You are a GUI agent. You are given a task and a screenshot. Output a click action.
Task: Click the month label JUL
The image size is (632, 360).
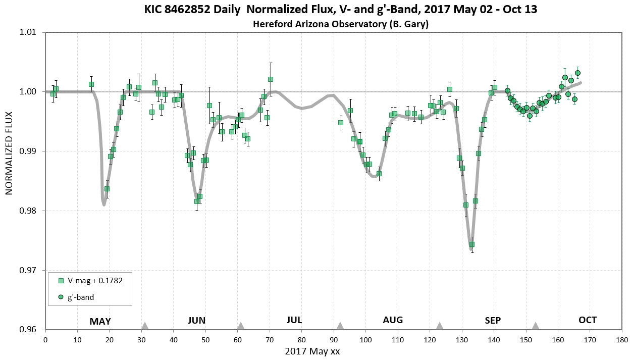(294, 320)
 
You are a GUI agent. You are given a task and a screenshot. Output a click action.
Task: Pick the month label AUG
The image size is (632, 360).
(393, 320)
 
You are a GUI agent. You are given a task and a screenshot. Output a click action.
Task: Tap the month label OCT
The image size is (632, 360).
(588, 320)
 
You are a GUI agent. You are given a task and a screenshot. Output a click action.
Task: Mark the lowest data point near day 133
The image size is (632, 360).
(471, 244)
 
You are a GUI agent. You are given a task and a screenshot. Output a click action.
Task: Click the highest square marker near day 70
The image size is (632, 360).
(271, 79)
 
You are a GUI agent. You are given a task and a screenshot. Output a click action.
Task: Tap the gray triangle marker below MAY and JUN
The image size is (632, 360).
(145, 326)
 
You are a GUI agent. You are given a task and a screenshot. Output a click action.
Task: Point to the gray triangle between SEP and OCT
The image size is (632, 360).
(535, 326)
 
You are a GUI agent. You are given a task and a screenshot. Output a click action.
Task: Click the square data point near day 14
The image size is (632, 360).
(91, 84)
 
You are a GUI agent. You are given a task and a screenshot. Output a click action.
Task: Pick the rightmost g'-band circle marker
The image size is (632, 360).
(577, 73)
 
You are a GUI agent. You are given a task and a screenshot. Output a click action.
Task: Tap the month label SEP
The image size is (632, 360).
(493, 320)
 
